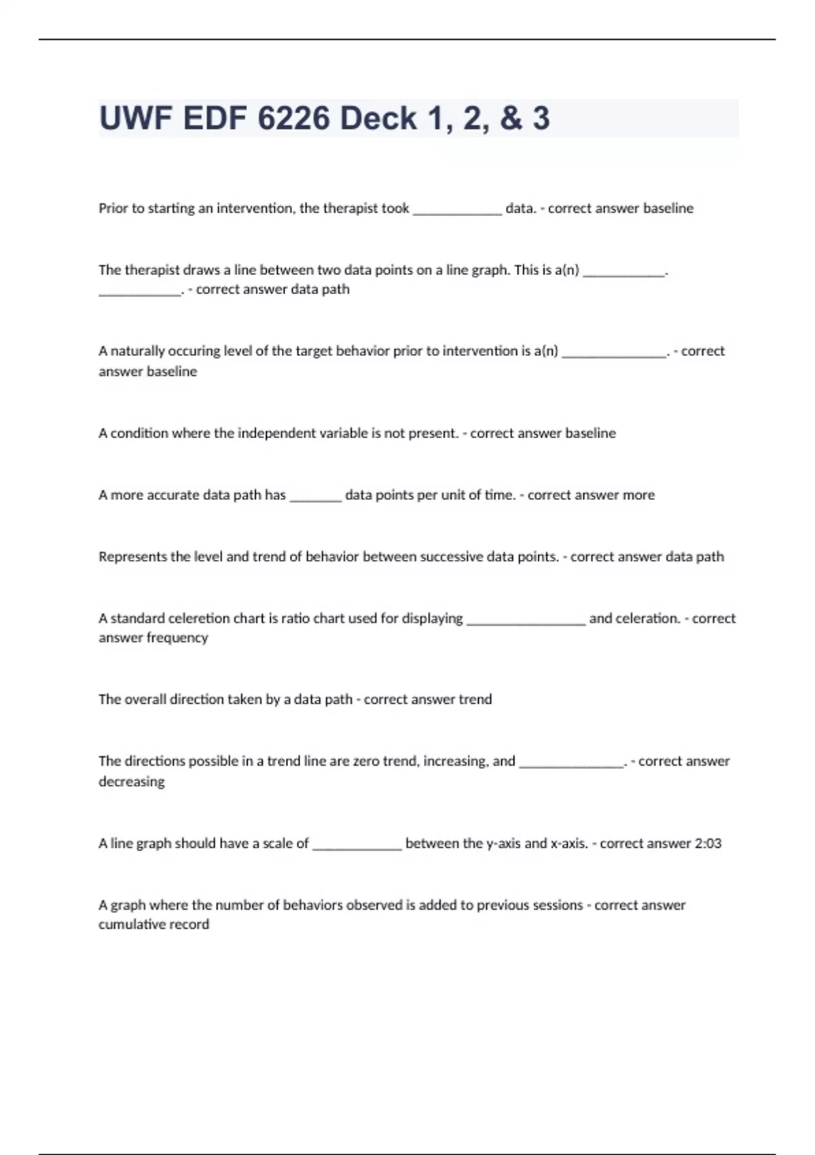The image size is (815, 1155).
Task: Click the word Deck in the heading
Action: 378,118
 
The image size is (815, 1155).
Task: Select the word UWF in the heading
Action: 134,118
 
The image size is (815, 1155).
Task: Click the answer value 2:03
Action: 708,843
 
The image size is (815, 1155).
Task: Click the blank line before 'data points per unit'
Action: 315,496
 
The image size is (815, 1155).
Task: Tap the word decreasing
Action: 132,781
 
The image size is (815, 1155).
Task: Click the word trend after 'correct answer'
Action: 475,699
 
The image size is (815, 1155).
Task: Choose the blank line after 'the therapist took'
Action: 457,209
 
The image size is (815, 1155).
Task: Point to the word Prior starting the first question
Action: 113,208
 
